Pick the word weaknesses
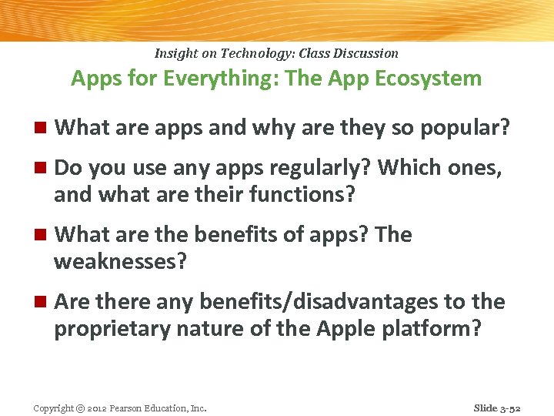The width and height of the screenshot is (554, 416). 120,262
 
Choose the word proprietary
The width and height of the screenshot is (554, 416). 109,329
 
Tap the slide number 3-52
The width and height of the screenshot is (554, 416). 508,408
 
